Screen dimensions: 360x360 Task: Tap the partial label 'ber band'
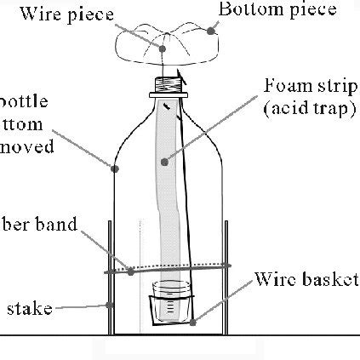(x=38, y=226)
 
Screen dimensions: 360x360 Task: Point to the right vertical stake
(x=227, y=281)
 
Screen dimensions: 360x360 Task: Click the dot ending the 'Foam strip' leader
(x=164, y=160)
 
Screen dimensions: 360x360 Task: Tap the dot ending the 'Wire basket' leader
(x=195, y=322)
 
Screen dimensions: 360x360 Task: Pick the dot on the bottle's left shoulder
(x=115, y=168)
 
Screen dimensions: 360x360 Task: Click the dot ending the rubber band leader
(x=130, y=271)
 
